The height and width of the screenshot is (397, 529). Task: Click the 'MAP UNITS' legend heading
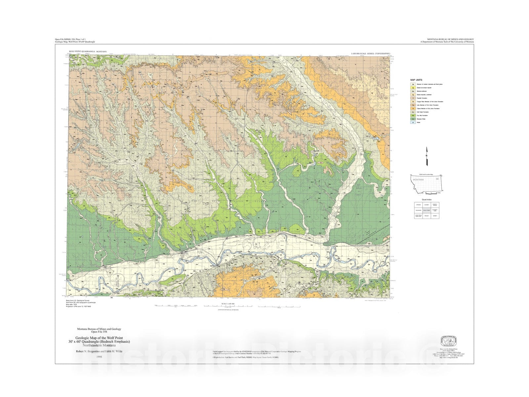416,80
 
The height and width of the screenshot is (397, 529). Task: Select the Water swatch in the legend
413,122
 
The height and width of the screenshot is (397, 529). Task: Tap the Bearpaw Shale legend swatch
413,119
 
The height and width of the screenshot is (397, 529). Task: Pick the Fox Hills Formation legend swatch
413,115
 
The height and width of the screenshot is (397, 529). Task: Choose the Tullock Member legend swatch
413,109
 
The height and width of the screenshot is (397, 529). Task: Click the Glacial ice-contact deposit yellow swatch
413,88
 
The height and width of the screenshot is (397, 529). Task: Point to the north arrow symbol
427,156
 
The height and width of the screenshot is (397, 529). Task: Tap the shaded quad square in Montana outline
437,179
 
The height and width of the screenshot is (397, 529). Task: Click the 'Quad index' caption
427,199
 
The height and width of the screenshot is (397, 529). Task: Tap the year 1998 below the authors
99,357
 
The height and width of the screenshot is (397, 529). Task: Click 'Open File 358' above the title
99,332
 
